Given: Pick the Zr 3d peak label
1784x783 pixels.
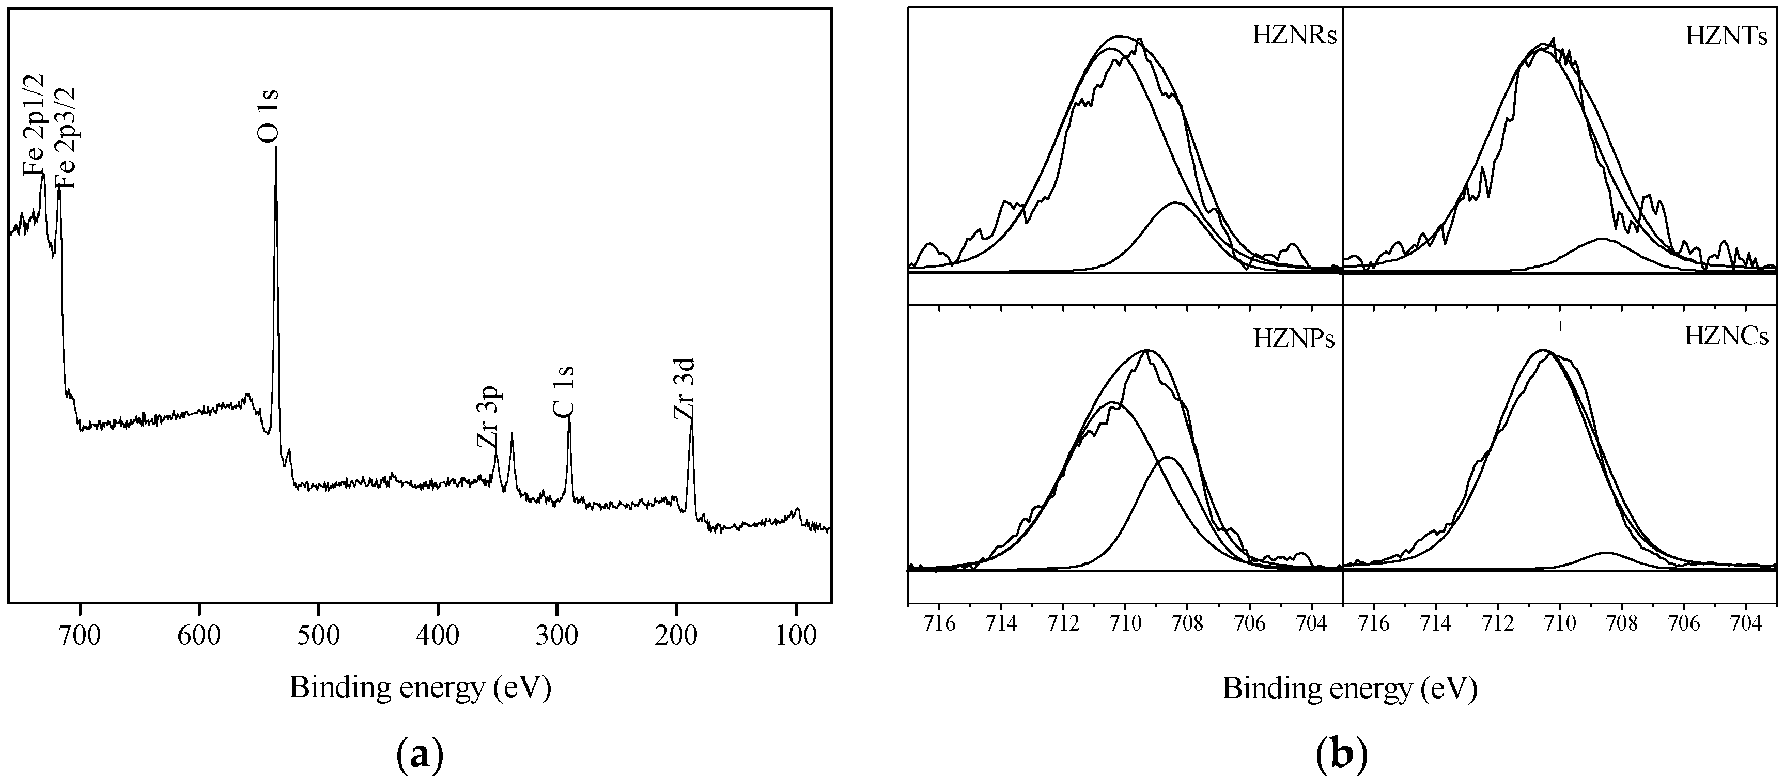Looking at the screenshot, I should point(684,389).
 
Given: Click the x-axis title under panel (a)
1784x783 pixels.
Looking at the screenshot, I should point(420,687).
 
